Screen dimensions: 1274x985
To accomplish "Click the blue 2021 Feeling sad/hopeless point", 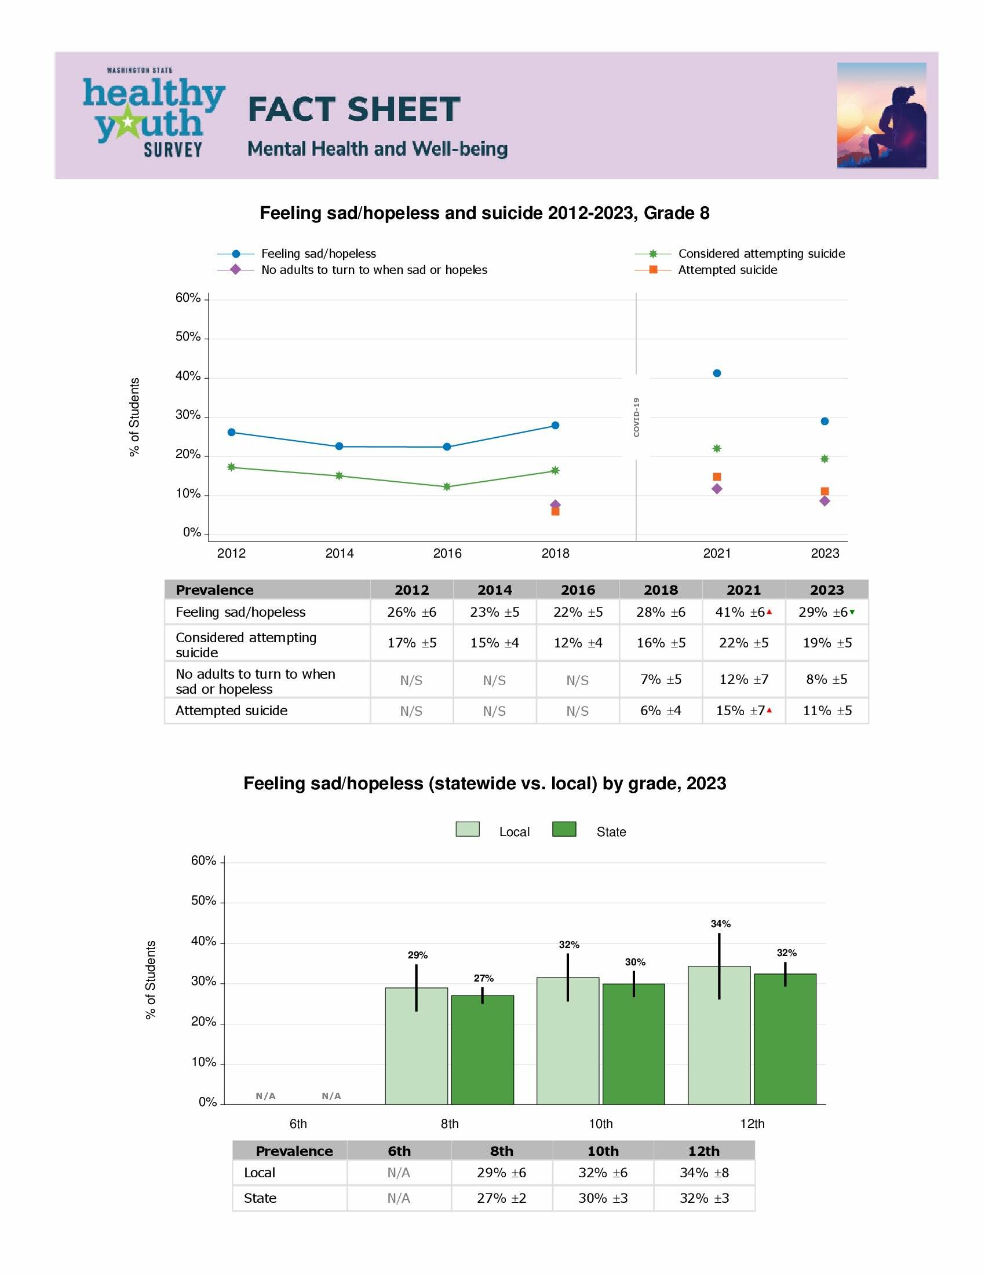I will (x=717, y=374).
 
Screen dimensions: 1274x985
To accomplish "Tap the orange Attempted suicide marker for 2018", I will (x=555, y=511).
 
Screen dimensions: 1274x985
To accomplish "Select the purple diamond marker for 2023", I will (x=824, y=501).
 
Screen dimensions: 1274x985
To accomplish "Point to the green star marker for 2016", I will (x=447, y=486).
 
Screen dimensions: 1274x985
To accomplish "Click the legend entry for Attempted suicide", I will (x=727, y=270).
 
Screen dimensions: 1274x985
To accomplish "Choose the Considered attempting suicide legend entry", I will (x=761, y=254).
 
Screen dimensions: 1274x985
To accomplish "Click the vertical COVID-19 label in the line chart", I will (x=636, y=417).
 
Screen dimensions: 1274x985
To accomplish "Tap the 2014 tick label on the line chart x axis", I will (x=339, y=554).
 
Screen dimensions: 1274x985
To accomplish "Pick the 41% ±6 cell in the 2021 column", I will (x=743, y=612).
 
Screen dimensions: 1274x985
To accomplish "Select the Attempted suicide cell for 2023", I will (x=827, y=711).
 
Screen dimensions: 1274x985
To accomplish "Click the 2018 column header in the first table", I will (x=661, y=590).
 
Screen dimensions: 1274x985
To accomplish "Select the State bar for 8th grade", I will (x=482, y=1050).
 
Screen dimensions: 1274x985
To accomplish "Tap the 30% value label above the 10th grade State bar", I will (x=635, y=962).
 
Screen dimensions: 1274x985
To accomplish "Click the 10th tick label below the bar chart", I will (x=600, y=1123).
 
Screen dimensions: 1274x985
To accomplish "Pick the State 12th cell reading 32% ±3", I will (x=704, y=1198).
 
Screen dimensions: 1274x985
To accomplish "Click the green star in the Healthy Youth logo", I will (x=127, y=123).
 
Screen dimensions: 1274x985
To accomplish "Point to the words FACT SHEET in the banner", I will (x=353, y=109).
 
